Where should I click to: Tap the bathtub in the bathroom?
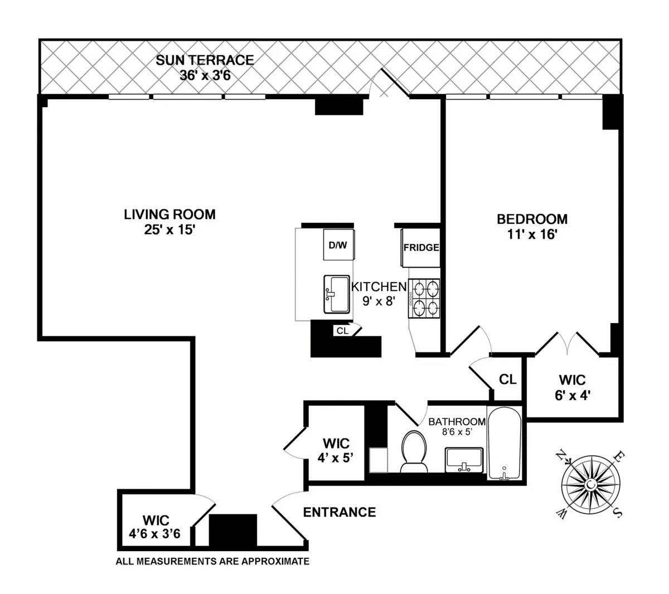(505, 443)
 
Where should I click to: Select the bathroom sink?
(463, 459)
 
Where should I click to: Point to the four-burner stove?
(425, 298)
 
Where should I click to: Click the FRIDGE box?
(421, 248)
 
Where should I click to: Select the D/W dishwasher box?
(338, 245)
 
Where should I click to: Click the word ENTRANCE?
(340, 512)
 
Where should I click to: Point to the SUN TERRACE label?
(205, 60)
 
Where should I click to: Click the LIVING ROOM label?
(169, 214)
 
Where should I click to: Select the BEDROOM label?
(532, 219)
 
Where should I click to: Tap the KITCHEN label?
(379, 287)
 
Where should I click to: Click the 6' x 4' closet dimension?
(572, 396)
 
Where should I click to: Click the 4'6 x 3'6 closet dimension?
(155, 534)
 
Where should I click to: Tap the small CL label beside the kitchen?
(342, 330)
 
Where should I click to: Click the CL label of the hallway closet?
(507, 380)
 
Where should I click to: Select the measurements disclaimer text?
(212, 562)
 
